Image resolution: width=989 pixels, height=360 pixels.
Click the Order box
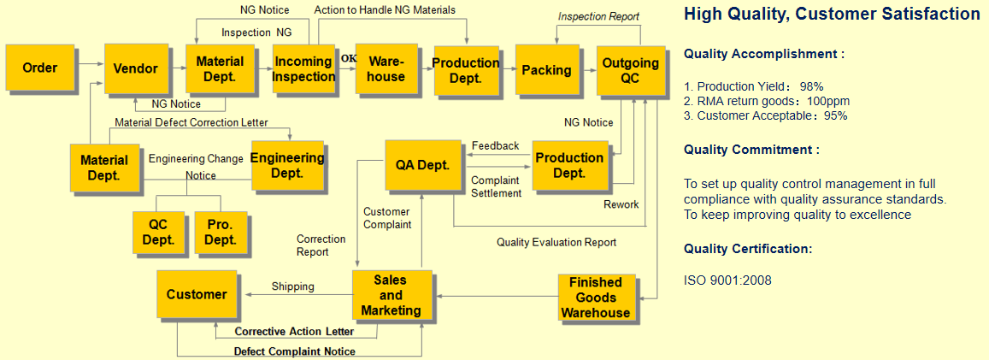click(39, 68)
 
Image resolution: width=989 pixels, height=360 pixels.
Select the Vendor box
click(135, 68)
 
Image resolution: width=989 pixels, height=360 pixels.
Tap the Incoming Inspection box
click(303, 68)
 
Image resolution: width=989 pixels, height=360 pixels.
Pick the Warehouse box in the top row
click(386, 68)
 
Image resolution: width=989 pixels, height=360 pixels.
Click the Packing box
click(546, 69)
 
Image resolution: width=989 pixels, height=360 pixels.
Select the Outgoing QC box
click(630, 69)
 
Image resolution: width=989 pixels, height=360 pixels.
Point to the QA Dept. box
click(422, 165)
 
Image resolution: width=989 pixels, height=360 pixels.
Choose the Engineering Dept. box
click(287, 165)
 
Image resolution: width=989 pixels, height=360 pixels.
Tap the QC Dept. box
click(158, 233)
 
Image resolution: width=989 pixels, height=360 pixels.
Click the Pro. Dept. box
click(221, 233)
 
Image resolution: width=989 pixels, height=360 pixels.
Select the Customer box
click(197, 294)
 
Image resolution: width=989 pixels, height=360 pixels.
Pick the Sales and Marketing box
click(391, 295)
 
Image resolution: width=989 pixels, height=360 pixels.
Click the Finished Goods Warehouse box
click(595, 298)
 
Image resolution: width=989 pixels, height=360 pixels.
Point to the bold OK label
click(348, 58)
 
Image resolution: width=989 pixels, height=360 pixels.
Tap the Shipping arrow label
click(292, 286)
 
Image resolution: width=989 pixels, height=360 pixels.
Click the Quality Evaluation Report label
click(556, 242)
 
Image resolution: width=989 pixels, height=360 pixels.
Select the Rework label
click(621, 204)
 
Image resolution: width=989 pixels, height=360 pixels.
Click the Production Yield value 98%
click(811, 86)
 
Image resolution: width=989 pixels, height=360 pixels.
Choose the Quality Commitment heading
click(751, 150)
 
